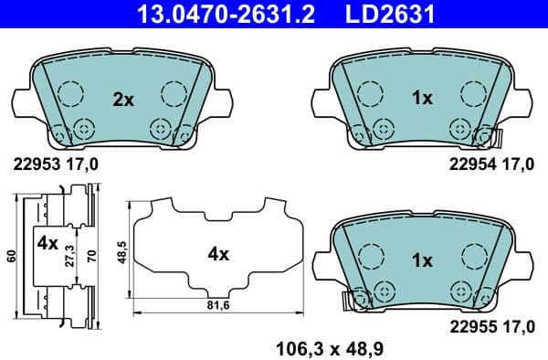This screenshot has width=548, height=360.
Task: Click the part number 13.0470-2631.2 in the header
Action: [x=205, y=14]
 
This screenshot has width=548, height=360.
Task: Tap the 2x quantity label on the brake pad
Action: [x=122, y=99]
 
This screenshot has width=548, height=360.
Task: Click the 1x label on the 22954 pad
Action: [x=422, y=99]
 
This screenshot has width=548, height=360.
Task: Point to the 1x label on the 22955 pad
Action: [x=422, y=260]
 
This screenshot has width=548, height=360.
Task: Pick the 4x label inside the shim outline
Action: [x=217, y=255]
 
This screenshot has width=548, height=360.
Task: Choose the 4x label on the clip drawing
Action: [x=47, y=245]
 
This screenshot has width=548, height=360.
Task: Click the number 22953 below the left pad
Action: [x=34, y=165]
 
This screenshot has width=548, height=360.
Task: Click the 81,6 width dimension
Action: [x=217, y=305]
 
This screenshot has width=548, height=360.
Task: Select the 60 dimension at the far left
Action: [x=10, y=255]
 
